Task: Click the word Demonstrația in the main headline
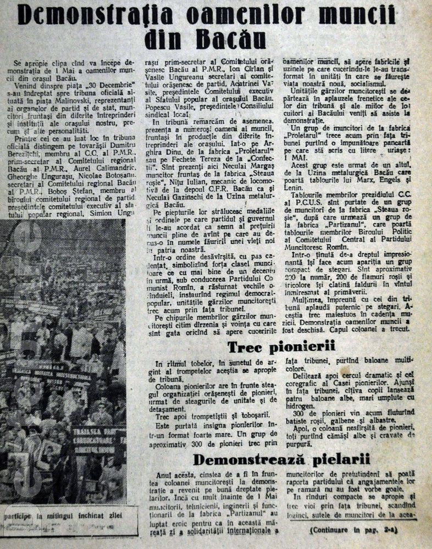(x=97, y=15)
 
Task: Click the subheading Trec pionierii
(x=281, y=346)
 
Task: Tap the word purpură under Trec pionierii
(x=301, y=441)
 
